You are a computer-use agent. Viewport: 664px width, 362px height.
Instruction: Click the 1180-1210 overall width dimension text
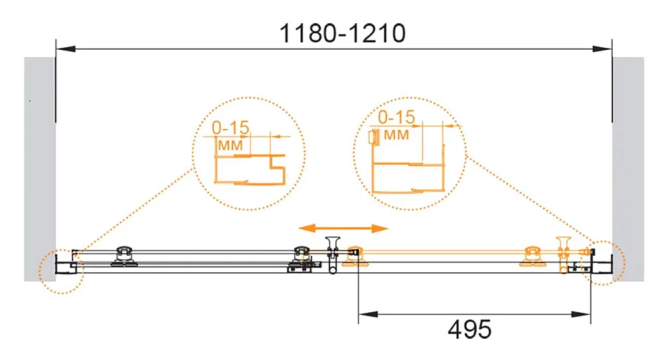coord(343,33)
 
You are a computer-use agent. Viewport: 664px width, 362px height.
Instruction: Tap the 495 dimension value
coord(469,329)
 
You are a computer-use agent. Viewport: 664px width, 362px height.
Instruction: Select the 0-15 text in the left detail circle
coord(231,128)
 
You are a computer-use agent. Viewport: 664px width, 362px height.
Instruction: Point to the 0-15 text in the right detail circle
coord(396,118)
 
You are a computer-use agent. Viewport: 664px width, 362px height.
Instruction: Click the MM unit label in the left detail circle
coord(230,145)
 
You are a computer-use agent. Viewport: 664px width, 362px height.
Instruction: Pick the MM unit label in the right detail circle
coord(396,135)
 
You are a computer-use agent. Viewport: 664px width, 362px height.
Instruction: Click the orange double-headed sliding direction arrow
coord(343,228)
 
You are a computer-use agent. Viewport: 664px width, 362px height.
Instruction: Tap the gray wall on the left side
coord(40,169)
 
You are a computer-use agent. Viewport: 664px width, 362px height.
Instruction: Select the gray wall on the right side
coord(628,169)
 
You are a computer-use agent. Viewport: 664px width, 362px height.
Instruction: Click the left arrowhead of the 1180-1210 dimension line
coord(66,49)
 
